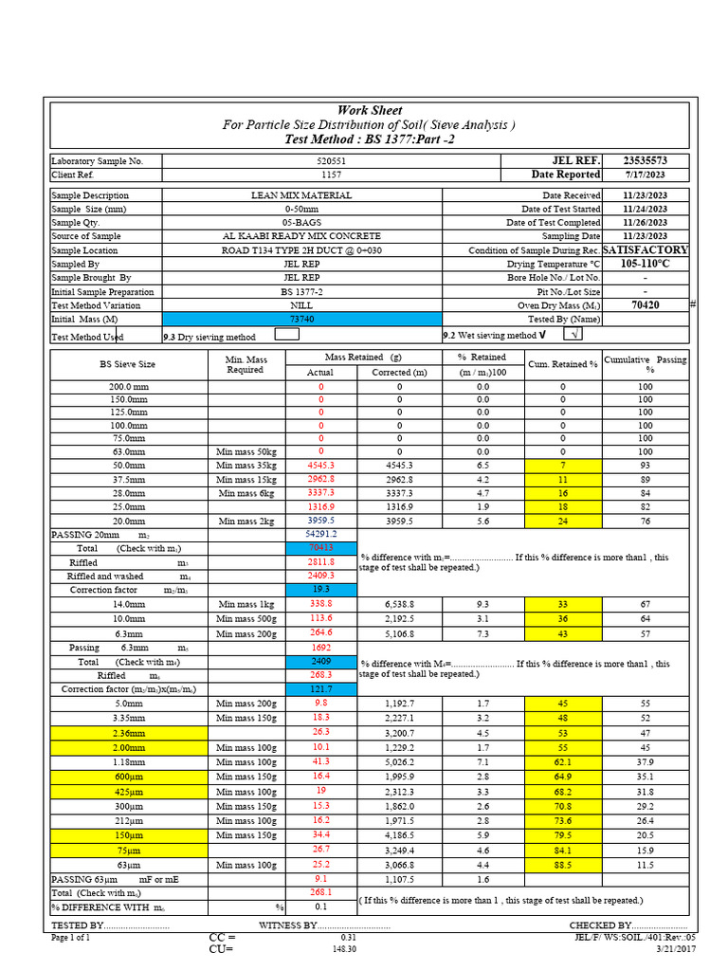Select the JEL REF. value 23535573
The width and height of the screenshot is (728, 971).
[645, 161]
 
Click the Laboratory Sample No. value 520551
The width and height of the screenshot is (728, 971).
[332, 162]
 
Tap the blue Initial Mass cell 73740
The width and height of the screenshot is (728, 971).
[301, 320]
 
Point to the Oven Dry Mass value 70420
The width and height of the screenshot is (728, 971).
[645, 305]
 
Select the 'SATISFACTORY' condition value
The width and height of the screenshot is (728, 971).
[645, 250]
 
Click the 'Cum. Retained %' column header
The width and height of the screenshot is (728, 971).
[563, 364]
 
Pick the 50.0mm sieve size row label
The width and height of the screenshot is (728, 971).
[127, 466]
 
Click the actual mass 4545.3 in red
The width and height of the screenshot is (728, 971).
[320, 466]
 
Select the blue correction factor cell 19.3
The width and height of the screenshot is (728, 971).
[320, 589]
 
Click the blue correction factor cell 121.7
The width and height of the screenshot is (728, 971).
[320, 688]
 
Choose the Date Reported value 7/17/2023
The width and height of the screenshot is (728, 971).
[645, 175]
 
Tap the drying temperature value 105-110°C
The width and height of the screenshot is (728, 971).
[645, 264]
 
